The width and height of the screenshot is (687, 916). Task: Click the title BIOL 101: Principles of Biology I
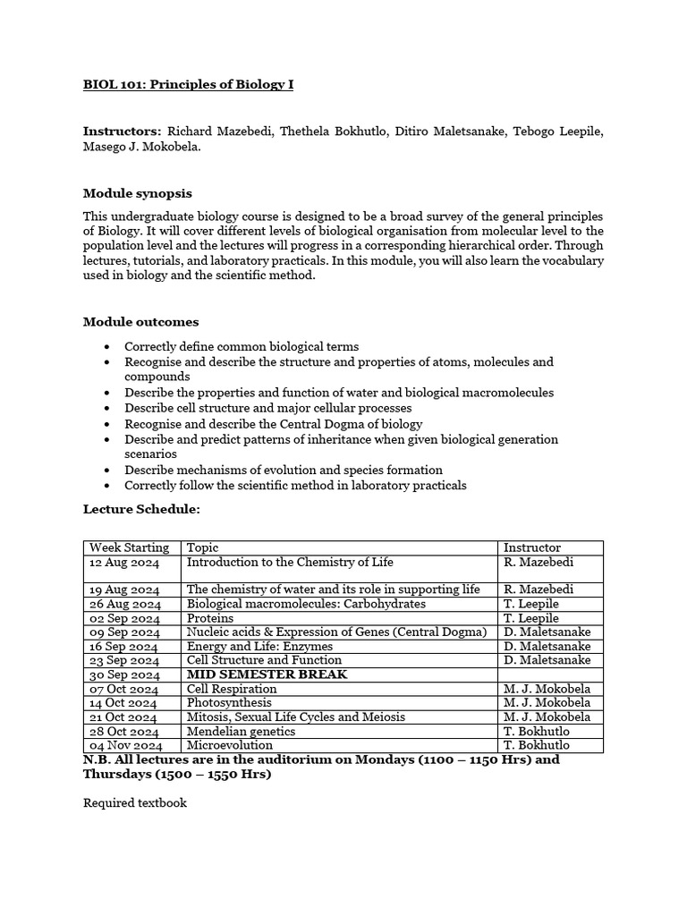(188, 85)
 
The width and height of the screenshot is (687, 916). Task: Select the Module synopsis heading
(137, 193)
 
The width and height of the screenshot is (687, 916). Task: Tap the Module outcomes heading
(140, 322)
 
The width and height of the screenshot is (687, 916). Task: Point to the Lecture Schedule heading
(141, 509)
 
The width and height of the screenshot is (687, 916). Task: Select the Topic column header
(202, 547)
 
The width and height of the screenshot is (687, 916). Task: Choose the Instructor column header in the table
(532, 547)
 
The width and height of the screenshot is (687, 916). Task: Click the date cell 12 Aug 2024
(124, 563)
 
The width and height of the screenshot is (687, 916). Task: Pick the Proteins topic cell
(210, 618)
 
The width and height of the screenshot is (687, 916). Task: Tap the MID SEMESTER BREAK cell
(267, 674)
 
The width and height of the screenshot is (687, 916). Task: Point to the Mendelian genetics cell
(241, 732)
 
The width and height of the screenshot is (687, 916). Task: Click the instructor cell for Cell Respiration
(547, 689)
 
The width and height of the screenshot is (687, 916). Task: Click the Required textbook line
(135, 802)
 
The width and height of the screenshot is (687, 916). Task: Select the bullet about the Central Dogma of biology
(273, 424)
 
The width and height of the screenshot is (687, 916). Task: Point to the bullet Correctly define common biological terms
(242, 346)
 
